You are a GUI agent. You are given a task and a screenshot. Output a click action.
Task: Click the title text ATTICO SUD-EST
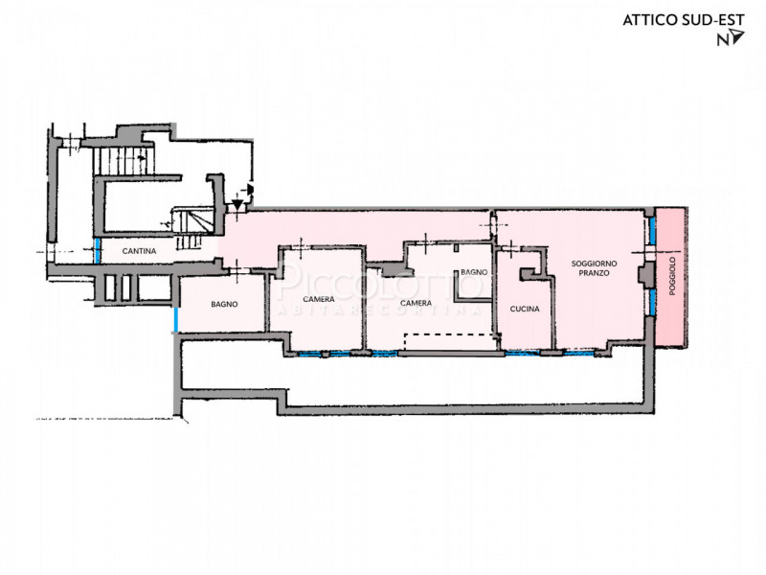pos(684,20)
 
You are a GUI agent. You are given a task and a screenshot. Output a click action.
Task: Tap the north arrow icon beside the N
pos(737,36)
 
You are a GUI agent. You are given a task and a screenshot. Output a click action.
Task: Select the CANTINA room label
pos(139,251)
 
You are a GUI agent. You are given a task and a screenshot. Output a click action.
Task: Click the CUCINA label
pos(525,309)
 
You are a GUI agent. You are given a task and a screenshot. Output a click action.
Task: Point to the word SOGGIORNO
pos(594,264)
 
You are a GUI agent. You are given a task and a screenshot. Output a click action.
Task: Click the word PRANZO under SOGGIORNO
pos(594,273)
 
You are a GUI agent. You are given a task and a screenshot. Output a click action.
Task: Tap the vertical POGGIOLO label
pos(672,276)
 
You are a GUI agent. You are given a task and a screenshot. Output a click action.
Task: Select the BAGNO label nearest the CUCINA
pos(474,272)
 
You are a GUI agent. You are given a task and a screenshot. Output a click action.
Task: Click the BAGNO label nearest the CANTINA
pos(224,304)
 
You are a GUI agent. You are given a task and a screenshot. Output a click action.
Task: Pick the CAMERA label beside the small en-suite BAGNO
pos(416,303)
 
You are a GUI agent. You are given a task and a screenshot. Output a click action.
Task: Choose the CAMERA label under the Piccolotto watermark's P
pos(319,299)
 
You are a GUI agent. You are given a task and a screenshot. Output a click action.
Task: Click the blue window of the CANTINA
pos(98,251)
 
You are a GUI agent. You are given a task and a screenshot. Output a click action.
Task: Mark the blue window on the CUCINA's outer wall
pos(522,353)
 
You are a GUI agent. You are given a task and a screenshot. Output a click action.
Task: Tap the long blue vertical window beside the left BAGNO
pos(176,319)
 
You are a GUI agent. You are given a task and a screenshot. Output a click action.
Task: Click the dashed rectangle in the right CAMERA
pos(450,333)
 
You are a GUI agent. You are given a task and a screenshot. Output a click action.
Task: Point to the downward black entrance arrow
pos(237,204)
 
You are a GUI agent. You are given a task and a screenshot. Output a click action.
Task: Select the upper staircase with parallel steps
pos(124,161)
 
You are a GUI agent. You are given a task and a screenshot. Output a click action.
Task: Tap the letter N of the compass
pos(723,39)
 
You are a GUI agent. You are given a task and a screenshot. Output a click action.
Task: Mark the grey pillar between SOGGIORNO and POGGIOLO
pos(646,275)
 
